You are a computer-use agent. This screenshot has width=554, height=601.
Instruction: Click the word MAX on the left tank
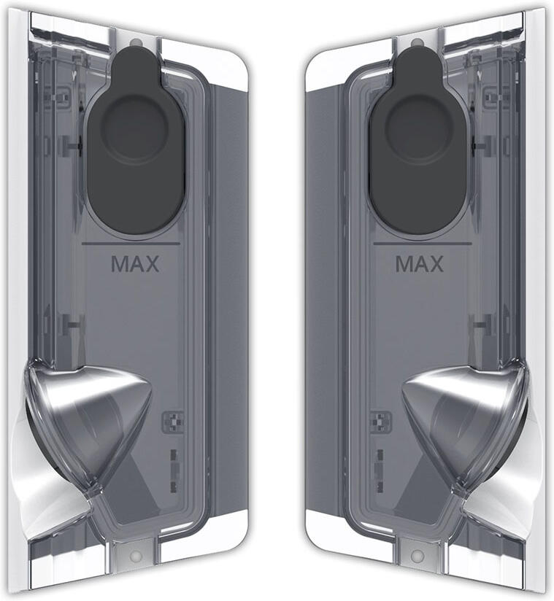(x=135, y=264)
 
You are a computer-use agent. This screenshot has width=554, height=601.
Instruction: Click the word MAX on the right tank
(x=420, y=264)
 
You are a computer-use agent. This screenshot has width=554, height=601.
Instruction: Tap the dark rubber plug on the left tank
(x=137, y=141)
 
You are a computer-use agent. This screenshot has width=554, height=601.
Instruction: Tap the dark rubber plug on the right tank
(x=418, y=141)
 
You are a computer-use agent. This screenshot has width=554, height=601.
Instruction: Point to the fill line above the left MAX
(x=131, y=244)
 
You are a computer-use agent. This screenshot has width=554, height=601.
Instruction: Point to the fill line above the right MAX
(x=423, y=244)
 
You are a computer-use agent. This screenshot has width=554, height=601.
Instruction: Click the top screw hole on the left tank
(x=134, y=43)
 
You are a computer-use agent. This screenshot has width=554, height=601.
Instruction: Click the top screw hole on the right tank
(x=415, y=43)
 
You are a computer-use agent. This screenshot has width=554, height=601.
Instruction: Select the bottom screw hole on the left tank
(x=136, y=555)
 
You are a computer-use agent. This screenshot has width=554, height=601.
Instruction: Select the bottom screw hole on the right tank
(x=417, y=555)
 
